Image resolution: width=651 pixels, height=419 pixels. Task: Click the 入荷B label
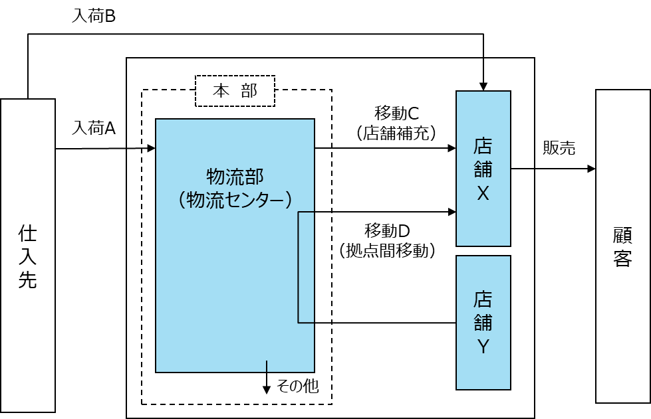(x=93, y=16)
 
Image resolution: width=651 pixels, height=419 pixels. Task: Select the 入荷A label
(x=93, y=128)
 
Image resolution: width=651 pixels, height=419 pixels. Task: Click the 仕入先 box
(x=28, y=255)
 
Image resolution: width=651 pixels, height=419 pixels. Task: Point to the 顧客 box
(x=623, y=246)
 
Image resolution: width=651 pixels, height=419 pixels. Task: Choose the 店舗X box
(x=483, y=169)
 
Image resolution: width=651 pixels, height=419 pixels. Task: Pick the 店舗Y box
(x=483, y=323)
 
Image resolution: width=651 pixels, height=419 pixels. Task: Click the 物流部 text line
(x=235, y=177)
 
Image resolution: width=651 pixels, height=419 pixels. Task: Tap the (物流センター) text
(x=235, y=200)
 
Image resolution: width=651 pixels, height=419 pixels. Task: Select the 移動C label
(x=397, y=113)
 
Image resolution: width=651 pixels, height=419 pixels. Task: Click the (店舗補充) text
(x=396, y=133)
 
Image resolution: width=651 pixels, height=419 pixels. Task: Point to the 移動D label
(x=387, y=230)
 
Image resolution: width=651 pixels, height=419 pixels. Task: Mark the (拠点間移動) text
(x=387, y=250)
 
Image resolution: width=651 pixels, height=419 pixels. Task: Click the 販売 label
(x=559, y=148)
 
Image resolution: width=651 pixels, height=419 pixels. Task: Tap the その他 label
(x=298, y=386)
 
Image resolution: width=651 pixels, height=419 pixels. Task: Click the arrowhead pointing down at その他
(x=267, y=390)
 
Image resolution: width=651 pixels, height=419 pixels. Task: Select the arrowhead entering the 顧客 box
(x=592, y=169)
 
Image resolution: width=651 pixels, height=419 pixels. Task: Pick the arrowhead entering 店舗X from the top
(x=483, y=86)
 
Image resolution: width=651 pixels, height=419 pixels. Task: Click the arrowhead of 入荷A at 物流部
(x=152, y=148)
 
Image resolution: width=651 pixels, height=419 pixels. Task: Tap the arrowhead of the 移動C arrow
(x=452, y=148)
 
